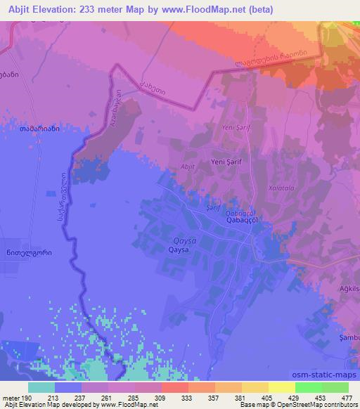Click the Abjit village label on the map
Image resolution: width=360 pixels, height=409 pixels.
(188, 167)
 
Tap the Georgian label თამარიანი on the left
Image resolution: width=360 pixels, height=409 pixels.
(38, 129)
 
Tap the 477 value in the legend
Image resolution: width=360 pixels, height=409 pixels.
(347, 397)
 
